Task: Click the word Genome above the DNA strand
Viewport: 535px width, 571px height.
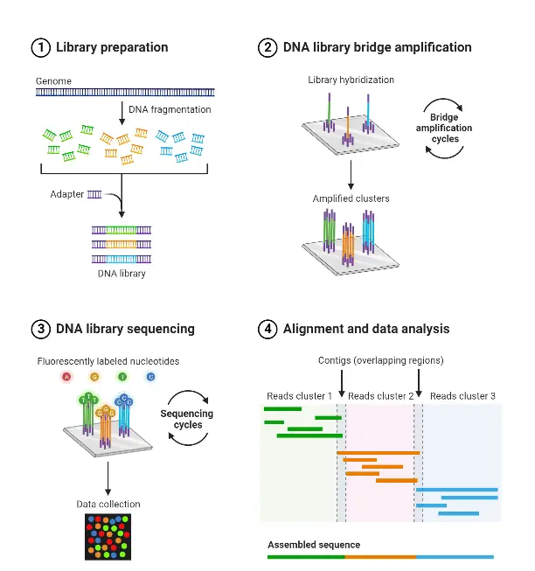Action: (x=53, y=80)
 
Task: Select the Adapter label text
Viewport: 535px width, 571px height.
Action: (x=66, y=194)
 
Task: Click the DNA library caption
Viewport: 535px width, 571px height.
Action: (x=122, y=274)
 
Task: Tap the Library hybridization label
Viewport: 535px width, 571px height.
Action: (x=351, y=80)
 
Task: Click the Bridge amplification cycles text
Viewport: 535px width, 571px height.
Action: (x=450, y=129)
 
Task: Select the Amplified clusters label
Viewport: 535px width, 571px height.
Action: (x=351, y=198)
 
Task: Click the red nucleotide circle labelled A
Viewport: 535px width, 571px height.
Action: (x=66, y=377)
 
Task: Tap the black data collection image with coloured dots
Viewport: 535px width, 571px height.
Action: (x=108, y=536)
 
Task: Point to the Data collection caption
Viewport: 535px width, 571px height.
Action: (x=108, y=504)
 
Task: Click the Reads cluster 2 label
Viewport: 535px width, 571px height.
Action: (x=380, y=396)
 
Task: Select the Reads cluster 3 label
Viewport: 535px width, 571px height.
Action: (x=462, y=396)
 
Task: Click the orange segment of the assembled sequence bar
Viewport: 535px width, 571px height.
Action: (x=380, y=556)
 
